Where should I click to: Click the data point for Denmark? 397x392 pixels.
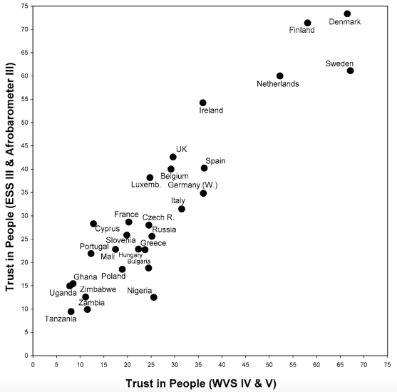[x=347, y=14]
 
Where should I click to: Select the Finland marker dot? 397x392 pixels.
[x=308, y=23]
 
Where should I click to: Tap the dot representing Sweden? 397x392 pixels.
[x=350, y=71]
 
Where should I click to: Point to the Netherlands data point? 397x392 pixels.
[x=280, y=76]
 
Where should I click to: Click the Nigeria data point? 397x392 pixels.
[x=154, y=297]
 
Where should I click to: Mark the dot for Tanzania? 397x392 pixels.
[x=71, y=311]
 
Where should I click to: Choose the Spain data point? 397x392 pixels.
[x=204, y=168]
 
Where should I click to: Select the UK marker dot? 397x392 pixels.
[x=173, y=157]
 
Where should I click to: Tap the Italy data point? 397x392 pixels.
[x=182, y=209]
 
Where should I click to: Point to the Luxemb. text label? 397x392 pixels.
[x=146, y=185]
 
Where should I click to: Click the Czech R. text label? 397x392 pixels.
[x=158, y=217]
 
